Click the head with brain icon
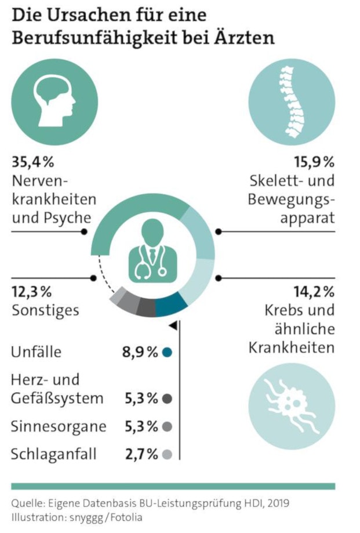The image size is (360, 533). point(54,103)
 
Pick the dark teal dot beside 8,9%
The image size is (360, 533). point(168,352)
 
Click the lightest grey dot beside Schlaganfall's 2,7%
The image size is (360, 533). point(168,454)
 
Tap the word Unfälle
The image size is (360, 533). point(36,352)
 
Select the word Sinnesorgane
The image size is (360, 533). point(59,427)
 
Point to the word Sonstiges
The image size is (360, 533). point(45,310)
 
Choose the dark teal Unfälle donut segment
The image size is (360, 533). point(172,303)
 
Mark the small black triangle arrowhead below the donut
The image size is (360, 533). point(173,327)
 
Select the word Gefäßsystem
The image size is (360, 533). point(57,398)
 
